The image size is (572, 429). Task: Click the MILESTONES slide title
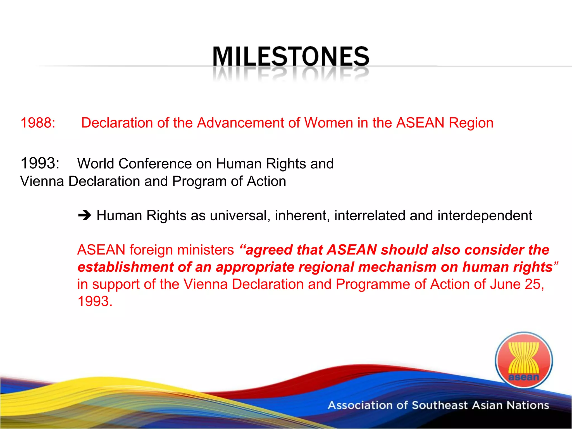(x=291, y=56)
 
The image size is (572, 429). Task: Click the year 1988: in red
(x=38, y=123)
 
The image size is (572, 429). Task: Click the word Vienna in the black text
(x=42, y=181)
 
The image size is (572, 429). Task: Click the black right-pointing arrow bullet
(x=84, y=216)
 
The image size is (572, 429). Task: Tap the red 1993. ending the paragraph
(x=95, y=301)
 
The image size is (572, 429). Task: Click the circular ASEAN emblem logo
(x=524, y=360)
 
